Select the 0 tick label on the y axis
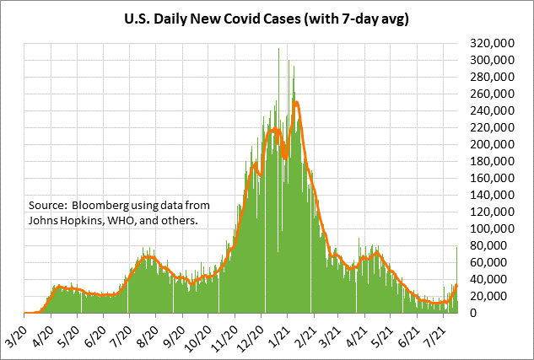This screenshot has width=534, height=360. (475, 313)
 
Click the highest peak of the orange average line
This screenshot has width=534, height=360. (296, 103)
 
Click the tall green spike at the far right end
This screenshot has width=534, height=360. (457, 247)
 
